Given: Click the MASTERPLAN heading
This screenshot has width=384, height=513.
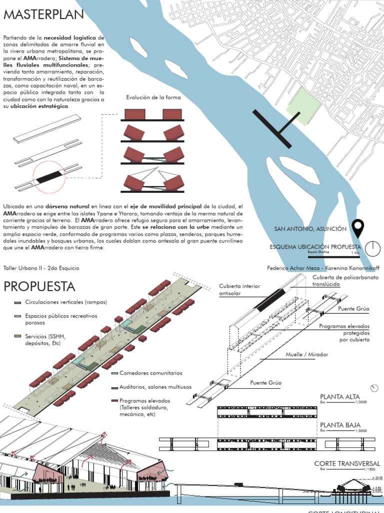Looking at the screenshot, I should [43, 16].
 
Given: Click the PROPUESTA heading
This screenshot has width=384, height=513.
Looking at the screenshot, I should [39, 287].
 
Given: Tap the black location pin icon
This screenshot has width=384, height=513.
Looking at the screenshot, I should [358, 228].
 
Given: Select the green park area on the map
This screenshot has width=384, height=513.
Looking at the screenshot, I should [303, 105].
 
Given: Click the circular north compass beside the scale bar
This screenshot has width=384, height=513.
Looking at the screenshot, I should [372, 248].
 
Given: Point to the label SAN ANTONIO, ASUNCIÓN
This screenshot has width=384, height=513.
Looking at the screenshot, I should [310, 229].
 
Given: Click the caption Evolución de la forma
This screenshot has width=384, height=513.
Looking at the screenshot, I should [153, 98].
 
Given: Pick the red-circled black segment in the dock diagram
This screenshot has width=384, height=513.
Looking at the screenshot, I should [49, 176].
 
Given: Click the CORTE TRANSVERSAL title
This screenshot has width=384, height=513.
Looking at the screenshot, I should [347, 464].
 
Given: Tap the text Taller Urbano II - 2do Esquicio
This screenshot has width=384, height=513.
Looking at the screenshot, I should [41, 268].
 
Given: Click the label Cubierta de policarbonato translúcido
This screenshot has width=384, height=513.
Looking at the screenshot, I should [345, 281].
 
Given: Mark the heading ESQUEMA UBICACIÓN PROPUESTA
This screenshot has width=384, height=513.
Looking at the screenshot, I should [315, 247].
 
